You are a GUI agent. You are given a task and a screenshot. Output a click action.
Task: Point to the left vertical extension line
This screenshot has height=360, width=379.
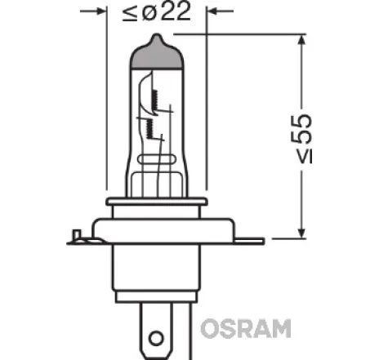pos(107,98)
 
